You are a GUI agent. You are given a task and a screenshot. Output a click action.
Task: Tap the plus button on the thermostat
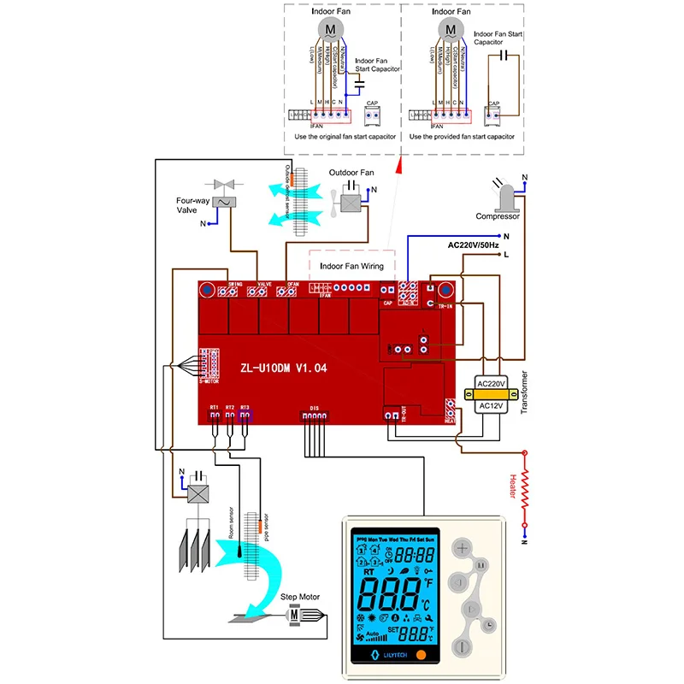pyautogui.click(x=463, y=549)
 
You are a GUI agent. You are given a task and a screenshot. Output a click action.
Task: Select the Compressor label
pyautogui.click(x=498, y=216)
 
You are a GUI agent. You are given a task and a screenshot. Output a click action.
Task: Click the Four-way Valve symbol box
pyautogui.click(x=225, y=201)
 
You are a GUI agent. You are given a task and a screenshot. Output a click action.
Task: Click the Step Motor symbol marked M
pyautogui.click(x=293, y=614)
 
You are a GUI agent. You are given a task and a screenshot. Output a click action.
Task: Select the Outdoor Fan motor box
pyautogui.click(x=351, y=202)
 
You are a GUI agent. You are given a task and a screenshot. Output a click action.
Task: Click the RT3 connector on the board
pyautogui.click(x=246, y=416)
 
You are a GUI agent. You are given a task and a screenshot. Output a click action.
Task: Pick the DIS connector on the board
pyautogui.click(x=314, y=416)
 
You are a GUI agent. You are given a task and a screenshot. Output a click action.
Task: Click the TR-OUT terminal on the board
pyautogui.click(x=391, y=416)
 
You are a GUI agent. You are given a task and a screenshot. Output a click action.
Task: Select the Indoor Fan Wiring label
pyautogui.click(x=351, y=266)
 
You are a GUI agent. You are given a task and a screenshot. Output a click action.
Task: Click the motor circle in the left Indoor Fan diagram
pyautogui.click(x=330, y=30)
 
